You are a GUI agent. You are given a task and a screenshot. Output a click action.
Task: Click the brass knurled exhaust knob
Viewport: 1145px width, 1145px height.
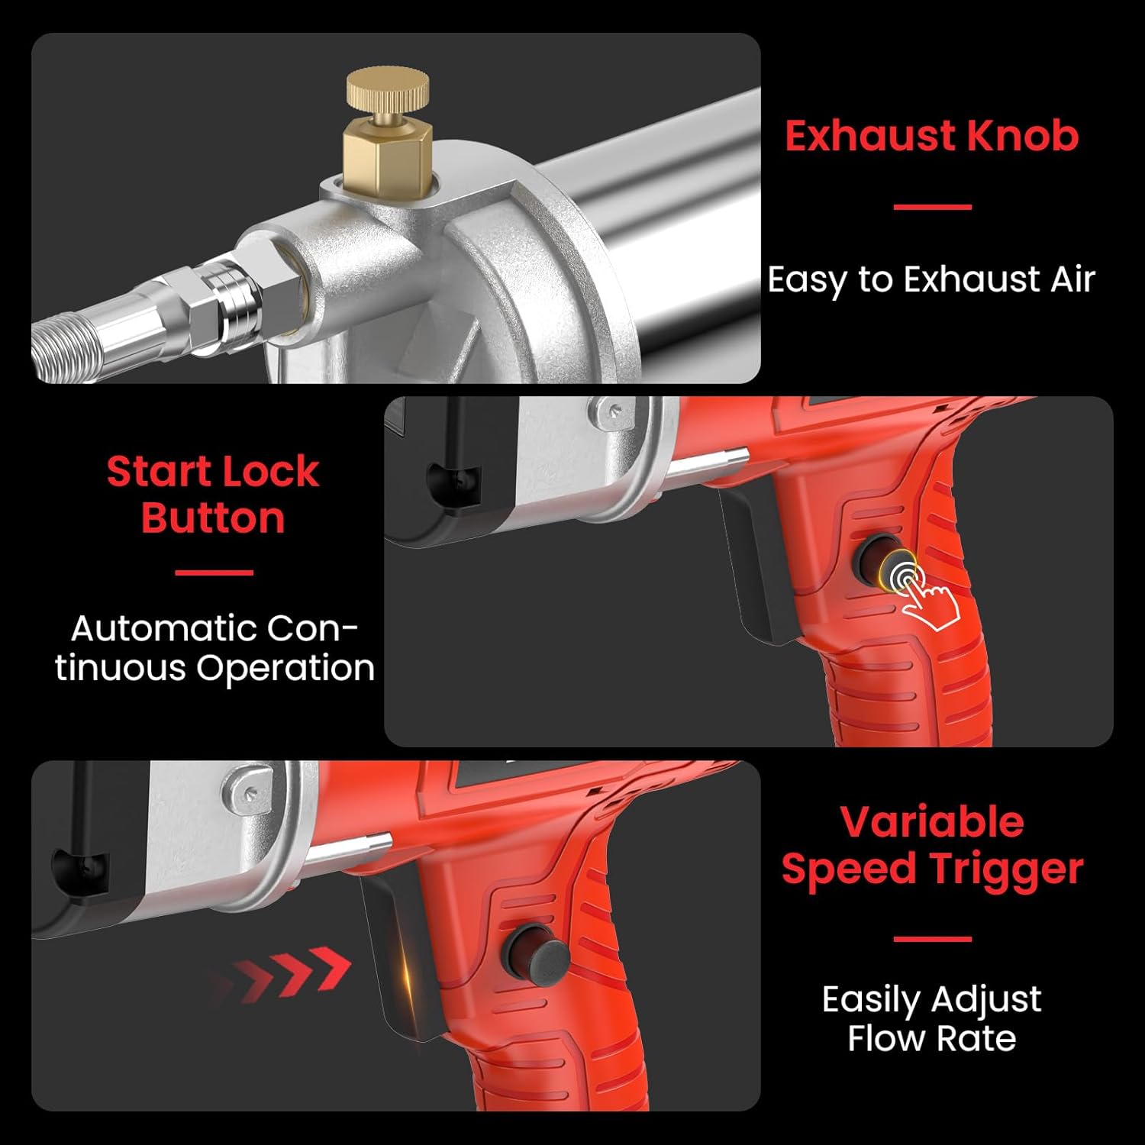[x=387, y=89]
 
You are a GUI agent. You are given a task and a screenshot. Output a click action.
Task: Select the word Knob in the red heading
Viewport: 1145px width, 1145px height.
[x=1023, y=136]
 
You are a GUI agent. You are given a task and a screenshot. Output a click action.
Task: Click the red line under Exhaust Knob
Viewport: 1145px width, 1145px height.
[x=932, y=206]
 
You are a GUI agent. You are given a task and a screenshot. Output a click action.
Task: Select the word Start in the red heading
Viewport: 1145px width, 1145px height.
[x=160, y=471]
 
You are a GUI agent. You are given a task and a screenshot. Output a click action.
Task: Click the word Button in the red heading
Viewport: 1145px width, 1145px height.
[x=213, y=518]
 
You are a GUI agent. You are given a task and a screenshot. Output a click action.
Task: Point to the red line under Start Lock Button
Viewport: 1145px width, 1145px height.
[x=214, y=572]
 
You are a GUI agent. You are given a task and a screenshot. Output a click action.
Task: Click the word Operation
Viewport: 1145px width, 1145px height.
[x=285, y=669]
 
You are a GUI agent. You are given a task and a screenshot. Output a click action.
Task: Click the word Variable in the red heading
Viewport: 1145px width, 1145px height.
[x=932, y=821]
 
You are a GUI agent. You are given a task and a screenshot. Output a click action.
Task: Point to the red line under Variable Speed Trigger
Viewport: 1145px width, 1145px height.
[x=932, y=939]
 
